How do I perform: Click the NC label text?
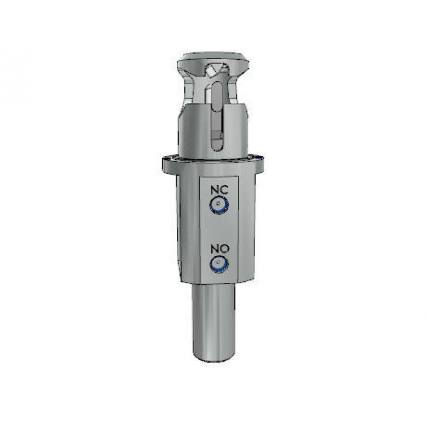219,190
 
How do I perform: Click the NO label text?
220,249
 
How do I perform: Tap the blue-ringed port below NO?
219,264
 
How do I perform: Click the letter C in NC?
224,190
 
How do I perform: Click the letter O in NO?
224,249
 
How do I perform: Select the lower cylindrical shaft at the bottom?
213,323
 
